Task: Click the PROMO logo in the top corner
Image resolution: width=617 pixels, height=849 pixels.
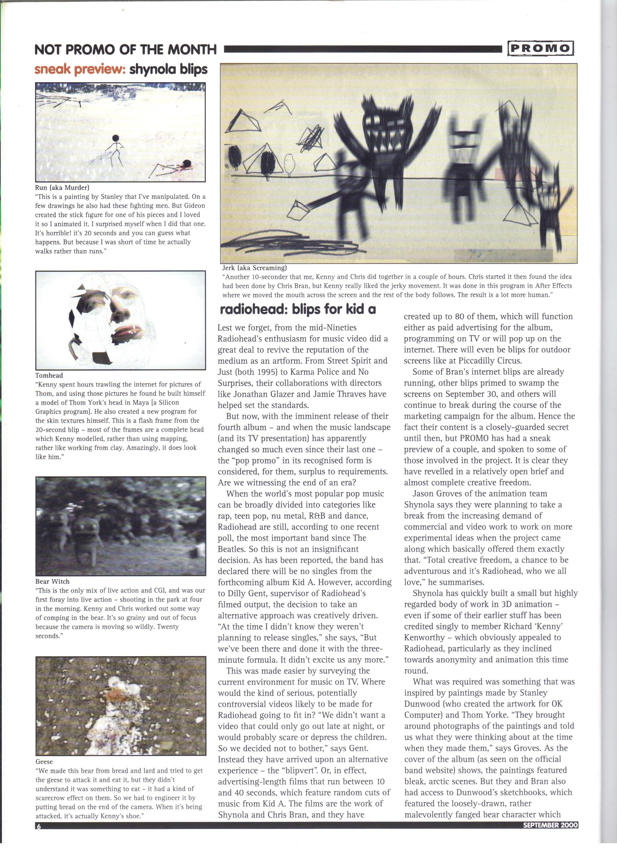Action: pos(540,48)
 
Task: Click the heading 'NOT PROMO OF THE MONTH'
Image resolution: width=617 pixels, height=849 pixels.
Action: pos(125,49)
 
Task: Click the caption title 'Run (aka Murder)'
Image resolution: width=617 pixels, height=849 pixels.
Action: pos(62,187)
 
